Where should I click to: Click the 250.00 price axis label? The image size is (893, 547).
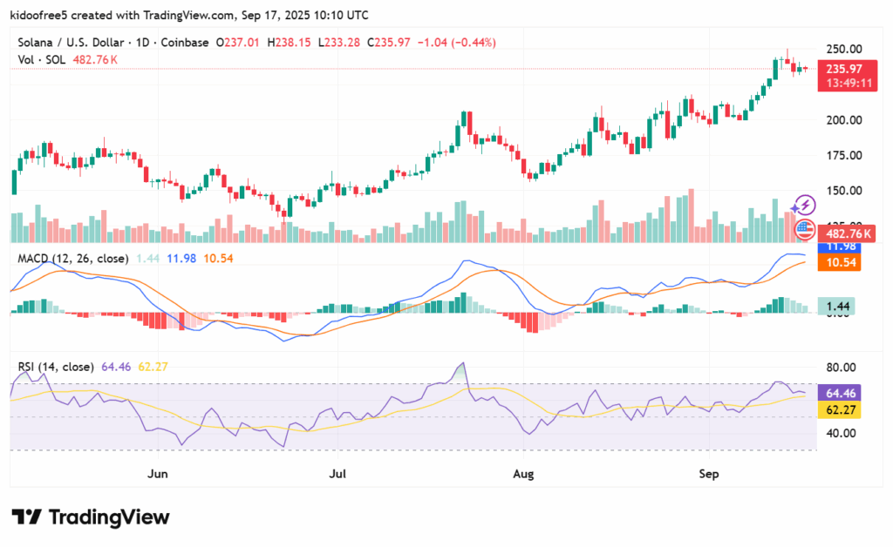click(845, 49)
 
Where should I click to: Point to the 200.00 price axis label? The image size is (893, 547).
click(845, 120)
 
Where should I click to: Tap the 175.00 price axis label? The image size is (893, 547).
click(845, 155)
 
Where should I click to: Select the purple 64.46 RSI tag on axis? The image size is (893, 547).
click(841, 393)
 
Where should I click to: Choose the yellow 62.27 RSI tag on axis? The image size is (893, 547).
click(841, 408)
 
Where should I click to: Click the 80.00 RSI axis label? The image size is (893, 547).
click(842, 367)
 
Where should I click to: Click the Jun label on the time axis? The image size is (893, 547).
click(158, 475)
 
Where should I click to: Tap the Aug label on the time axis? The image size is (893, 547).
click(523, 475)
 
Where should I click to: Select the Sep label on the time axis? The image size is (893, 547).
click(710, 475)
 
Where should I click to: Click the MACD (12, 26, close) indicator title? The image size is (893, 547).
click(73, 259)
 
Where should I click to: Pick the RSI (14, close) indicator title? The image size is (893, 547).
click(57, 367)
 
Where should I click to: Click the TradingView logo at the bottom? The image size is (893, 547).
click(90, 517)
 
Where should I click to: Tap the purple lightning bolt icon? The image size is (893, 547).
click(804, 206)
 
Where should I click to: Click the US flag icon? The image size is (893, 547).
click(804, 230)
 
